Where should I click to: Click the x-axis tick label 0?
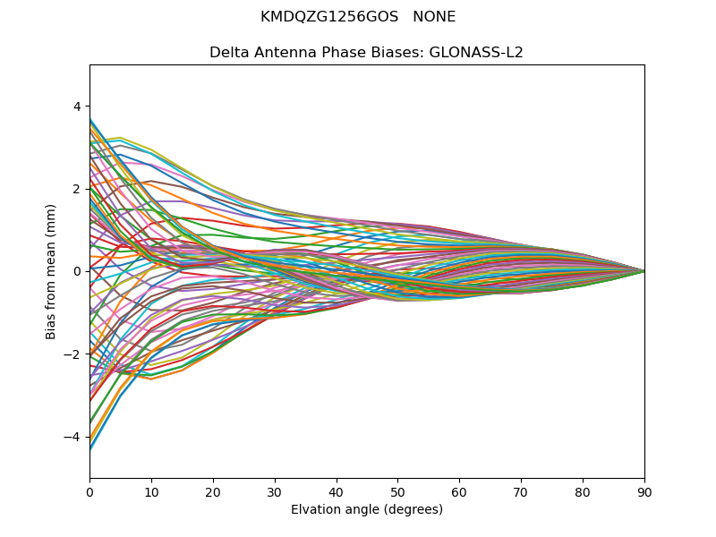89,491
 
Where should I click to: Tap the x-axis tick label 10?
151,491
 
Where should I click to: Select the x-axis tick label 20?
213,491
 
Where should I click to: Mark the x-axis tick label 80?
583,491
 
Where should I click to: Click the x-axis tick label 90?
644,491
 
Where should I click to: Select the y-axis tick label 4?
77,106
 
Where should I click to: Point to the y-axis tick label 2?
77,189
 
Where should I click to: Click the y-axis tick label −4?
73,437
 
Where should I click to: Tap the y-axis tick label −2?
73,354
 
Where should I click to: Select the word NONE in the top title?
434,17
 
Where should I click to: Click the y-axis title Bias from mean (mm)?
51,271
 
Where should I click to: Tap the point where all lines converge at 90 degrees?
644,271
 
